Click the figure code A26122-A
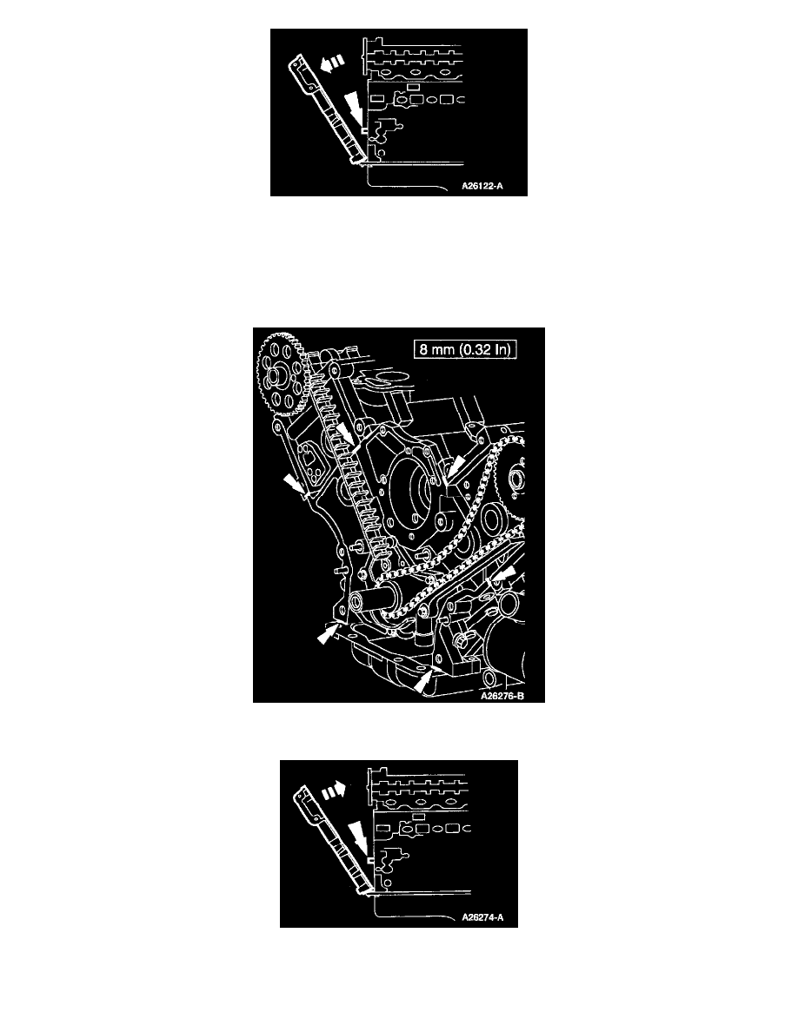[482, 186]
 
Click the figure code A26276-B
[502, 696]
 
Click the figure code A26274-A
[482, 917]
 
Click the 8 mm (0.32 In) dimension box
[465, 349]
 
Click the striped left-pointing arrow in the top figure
[332, 63]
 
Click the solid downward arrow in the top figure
[354, 107]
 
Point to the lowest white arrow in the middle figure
[426, 679]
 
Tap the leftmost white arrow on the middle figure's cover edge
[294, 485]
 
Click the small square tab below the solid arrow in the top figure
[364, 130]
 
